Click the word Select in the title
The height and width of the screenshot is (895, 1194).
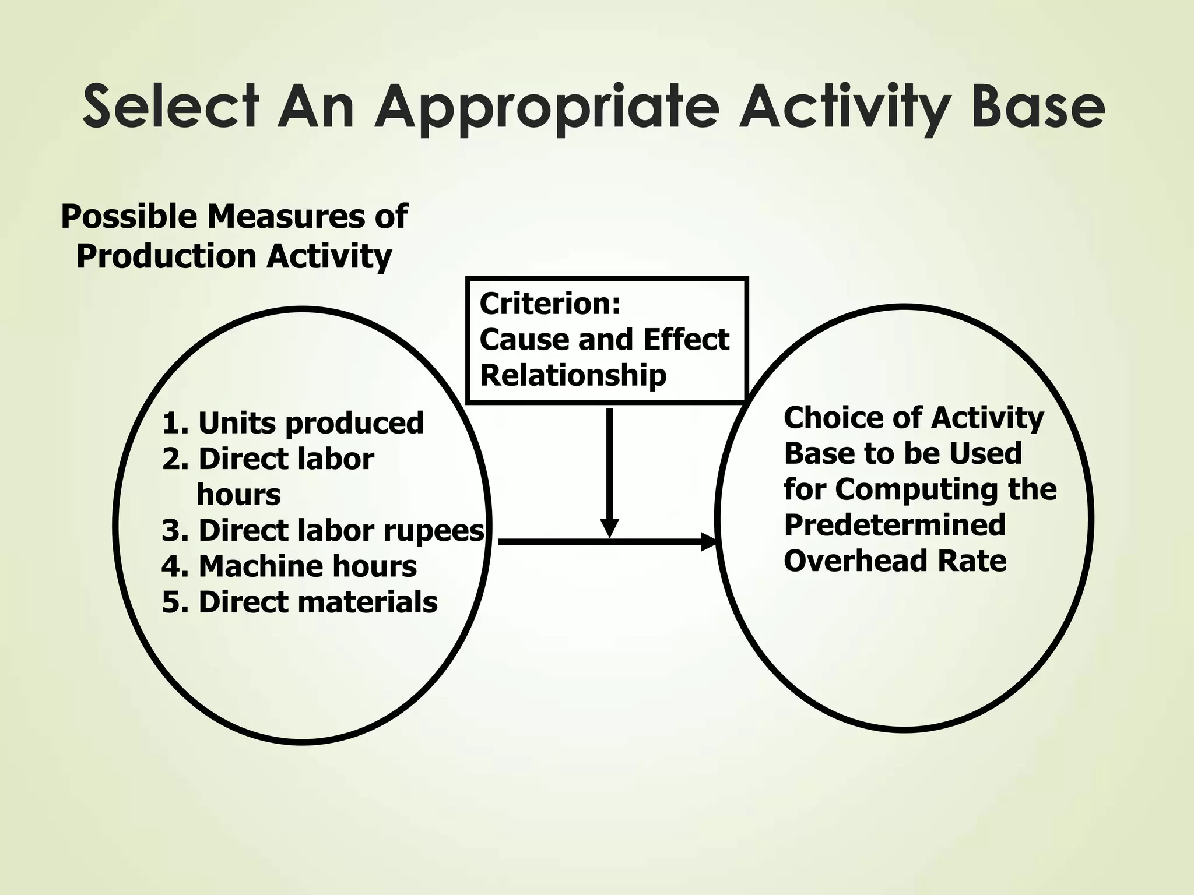170,107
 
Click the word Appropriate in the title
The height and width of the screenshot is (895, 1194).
546,108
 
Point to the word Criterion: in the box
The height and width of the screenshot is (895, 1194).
550,304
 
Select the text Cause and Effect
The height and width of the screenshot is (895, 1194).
604,340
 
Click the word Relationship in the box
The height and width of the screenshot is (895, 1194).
573,375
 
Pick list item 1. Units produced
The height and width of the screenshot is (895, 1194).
293,423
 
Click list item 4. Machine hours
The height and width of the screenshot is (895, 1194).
289,566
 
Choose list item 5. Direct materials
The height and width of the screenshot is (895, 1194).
300,602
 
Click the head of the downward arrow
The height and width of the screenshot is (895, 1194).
609,527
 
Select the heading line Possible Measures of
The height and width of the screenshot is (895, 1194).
234,217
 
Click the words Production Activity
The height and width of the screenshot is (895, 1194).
234,256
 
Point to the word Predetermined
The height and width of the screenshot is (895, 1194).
895,525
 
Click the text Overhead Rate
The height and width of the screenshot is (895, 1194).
895,561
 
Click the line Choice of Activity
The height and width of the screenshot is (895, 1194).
914,418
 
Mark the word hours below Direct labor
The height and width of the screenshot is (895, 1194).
238,495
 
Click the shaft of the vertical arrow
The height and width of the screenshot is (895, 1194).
609,460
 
